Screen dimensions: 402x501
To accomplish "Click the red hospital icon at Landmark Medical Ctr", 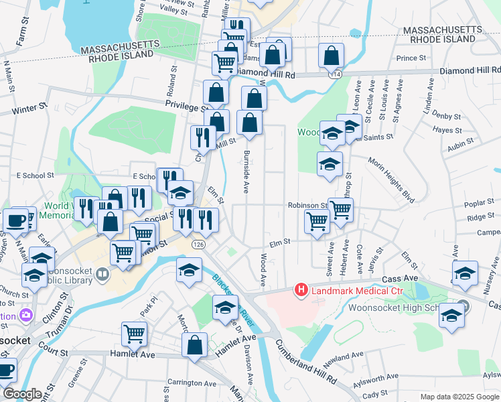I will click(x=301, y=290).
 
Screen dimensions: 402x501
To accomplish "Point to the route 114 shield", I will click(x=335, y=74).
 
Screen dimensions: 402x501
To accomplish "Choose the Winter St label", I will click(x=29, y=107).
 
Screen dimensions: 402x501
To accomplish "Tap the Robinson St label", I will click(x=307, y=205).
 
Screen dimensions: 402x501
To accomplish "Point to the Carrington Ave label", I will click(x=192, y=384).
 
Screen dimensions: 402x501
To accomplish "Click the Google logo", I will click(x=21, y=394).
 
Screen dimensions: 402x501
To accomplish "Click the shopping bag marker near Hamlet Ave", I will click(x=194, y=345).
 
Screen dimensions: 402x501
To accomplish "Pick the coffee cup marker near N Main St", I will click(x=15, y=220).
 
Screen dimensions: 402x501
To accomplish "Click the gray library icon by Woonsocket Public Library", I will click(x=102, y=273).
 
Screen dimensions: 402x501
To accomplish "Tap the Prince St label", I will click(x=411, y=58).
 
